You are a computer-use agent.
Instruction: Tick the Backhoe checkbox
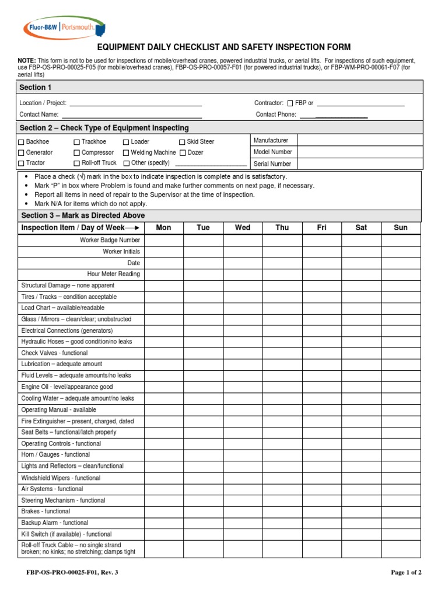(x=22, y=142)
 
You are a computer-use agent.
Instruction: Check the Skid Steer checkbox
(x=182, y=142)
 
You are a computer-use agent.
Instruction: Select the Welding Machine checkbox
(x=126, y=153)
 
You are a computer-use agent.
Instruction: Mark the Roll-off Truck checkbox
(x=77, y=164)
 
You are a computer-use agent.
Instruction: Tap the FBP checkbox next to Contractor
(x=290, y=103)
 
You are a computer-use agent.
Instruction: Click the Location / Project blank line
(x=135, y=103)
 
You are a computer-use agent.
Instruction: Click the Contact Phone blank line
(x=334, y=115)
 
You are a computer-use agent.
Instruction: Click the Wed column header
(x=243, y=228)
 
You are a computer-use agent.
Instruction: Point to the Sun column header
(x=401, y=228)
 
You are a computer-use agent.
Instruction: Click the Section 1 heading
(x=36, y=87)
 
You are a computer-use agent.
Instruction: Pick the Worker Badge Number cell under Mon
(x=164, y=240)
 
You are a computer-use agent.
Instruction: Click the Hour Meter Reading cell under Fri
(x=321, y=274)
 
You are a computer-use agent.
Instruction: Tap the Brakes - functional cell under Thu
(x=282, y=512)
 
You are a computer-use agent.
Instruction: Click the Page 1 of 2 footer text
(x=406, y=573)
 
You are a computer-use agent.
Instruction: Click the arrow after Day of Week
(x=132, y=228)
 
